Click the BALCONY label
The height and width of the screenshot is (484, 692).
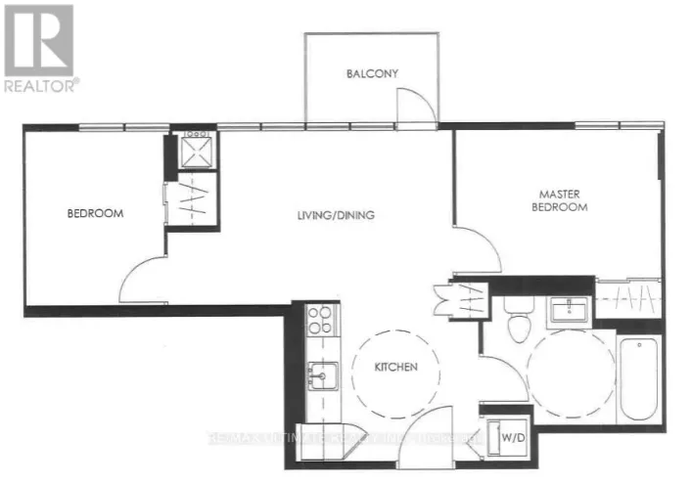pos(372,73)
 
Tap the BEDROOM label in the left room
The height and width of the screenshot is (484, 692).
pos(95,213)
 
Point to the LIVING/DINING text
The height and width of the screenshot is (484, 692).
pos(337,215)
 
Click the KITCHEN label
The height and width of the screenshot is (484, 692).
pos(395,368)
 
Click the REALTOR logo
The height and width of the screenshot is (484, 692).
pos(39,48)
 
